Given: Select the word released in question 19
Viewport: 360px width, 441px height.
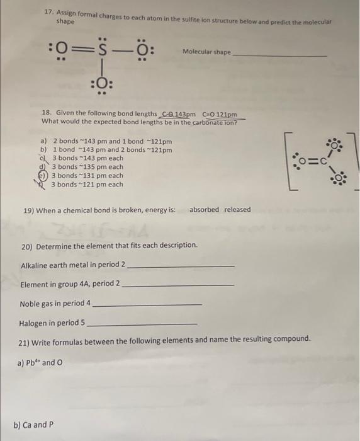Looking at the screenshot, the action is click(237, 210).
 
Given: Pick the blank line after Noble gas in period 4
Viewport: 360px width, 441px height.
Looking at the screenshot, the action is click(147, 306).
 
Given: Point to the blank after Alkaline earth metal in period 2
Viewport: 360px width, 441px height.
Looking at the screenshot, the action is click(181, 267).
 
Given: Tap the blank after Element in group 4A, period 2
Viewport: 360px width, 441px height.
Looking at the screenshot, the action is click(177, 286).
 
